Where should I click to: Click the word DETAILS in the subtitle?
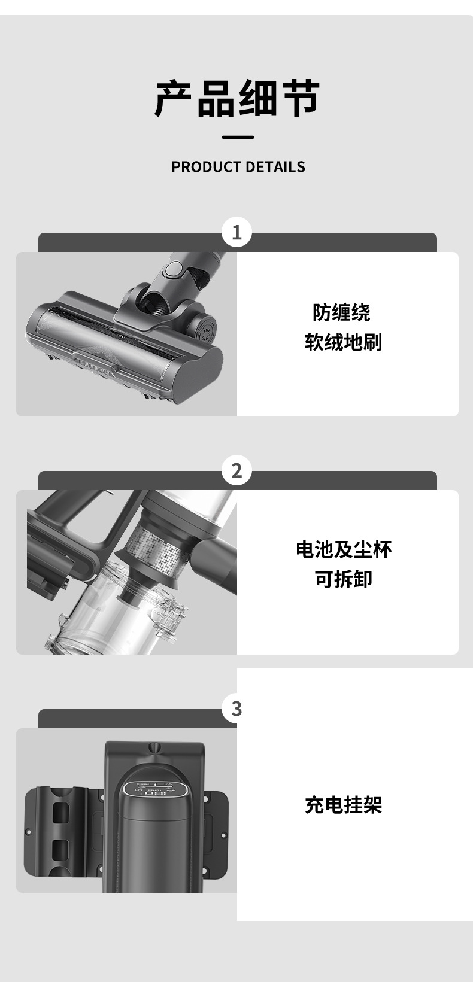(275, 167)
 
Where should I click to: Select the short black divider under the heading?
(238, 137)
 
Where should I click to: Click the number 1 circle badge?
(237, 232)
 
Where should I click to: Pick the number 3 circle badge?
(237, 708)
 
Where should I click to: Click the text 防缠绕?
(341, 312)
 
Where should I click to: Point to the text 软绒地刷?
(343, 342)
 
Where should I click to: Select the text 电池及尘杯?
(344, 550)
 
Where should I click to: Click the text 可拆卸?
(344, 579)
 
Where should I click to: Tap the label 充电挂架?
(344, 805)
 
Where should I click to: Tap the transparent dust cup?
(119, 614)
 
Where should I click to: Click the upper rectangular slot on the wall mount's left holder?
(60, 812)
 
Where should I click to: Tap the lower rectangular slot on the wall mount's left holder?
(60, 850)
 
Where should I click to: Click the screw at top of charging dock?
(154, 747)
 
